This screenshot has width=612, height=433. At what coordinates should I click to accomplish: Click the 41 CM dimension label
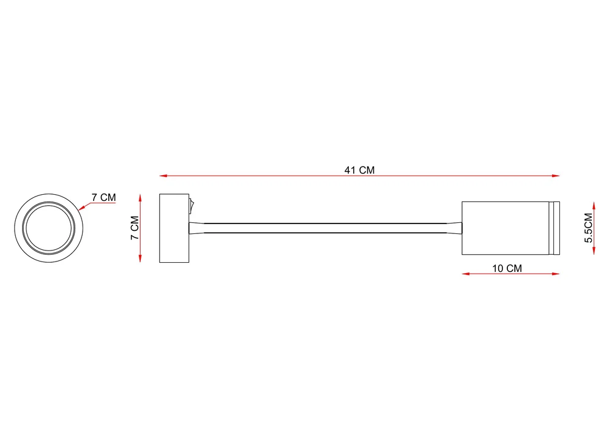pos(359,170)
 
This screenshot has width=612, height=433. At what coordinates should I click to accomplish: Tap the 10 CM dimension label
pos(507,268)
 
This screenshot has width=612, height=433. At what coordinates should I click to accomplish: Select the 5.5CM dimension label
pos(589,228)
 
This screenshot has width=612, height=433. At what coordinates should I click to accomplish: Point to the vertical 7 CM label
pos(135,228)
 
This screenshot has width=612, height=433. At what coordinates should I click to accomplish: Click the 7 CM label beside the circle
pos(104,197)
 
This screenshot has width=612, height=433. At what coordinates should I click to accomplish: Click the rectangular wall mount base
pos(174,228)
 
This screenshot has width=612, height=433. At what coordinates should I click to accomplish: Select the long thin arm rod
pos(326,228)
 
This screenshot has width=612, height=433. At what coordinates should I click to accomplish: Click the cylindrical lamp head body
pos(506,228)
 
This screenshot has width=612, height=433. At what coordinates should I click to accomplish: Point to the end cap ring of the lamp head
pos(554,228)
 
